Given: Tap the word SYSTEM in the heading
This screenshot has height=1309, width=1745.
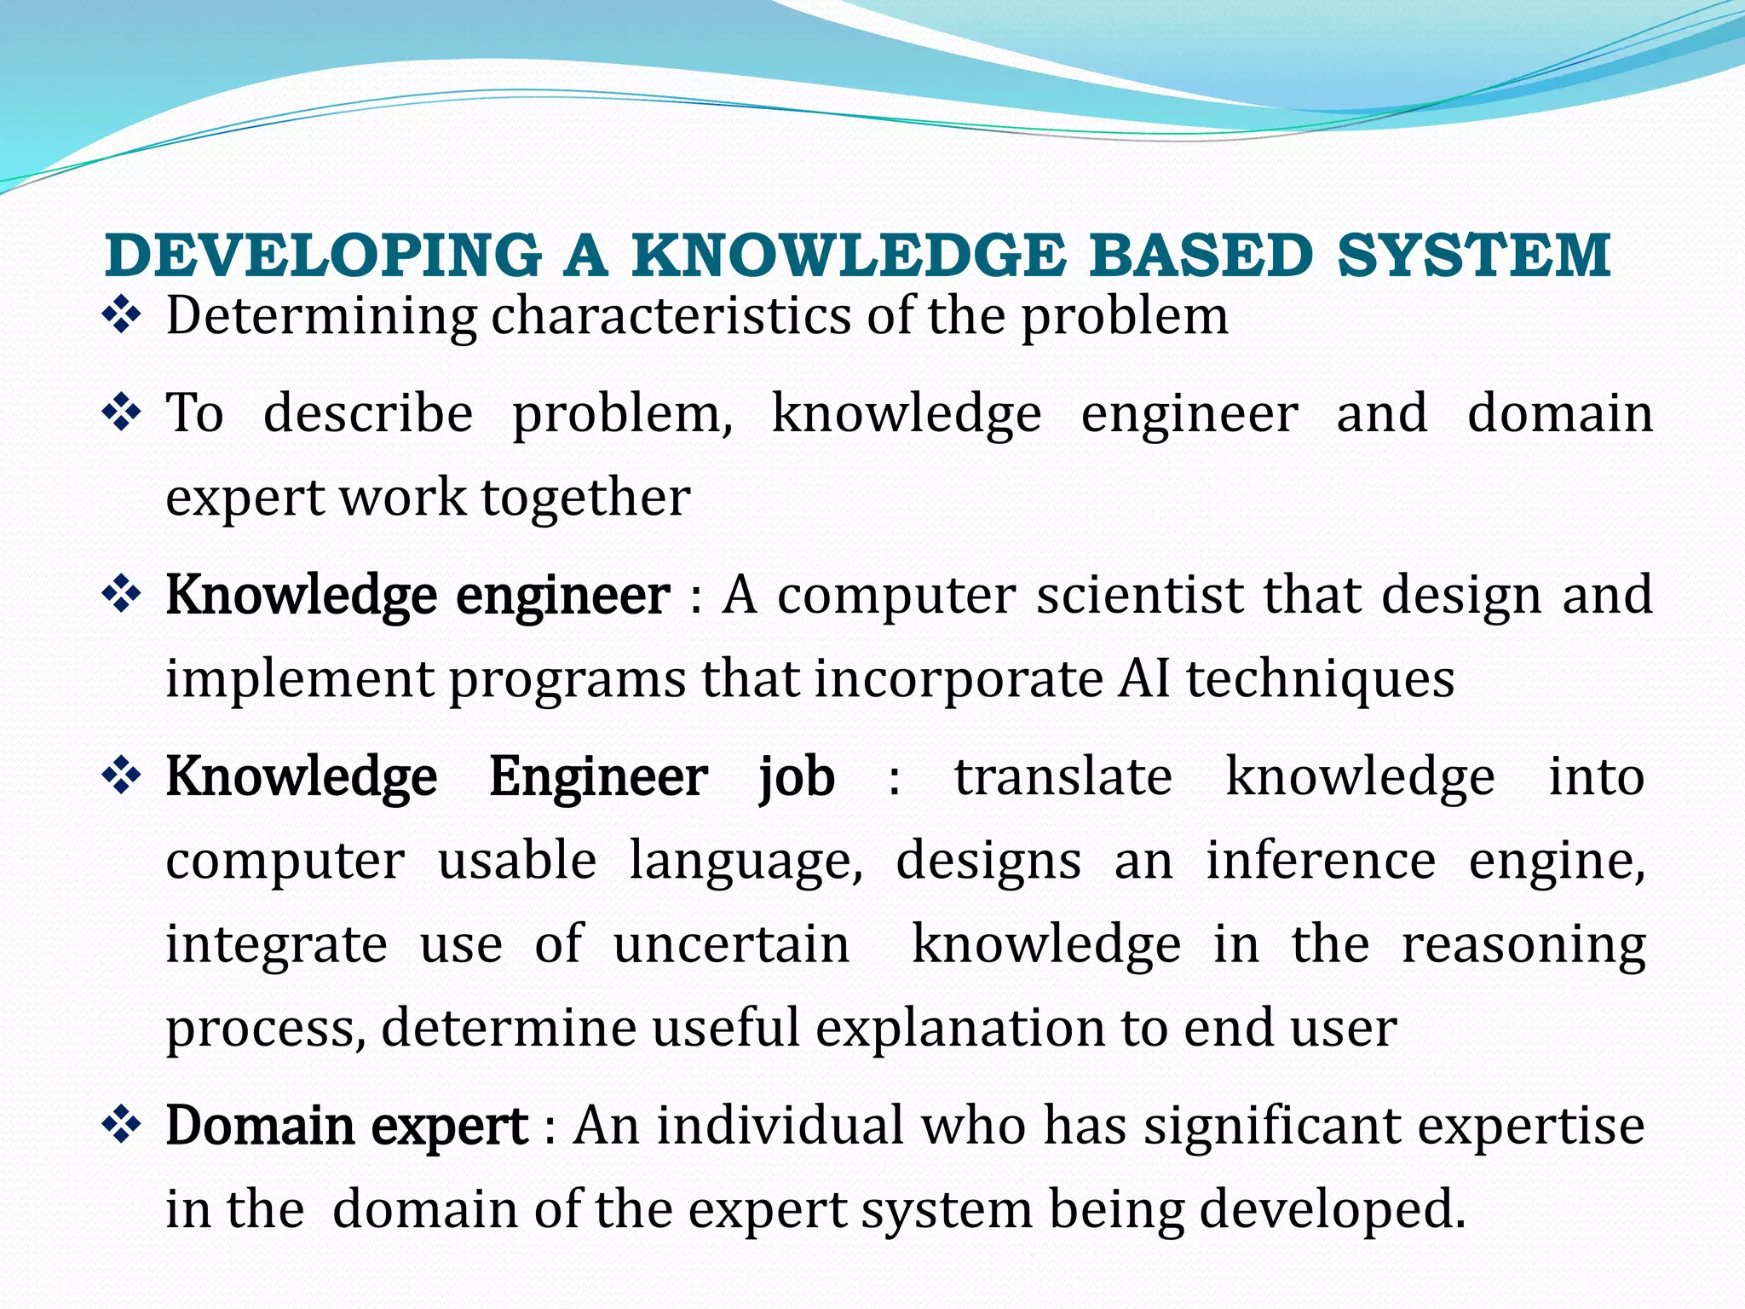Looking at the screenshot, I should click(x=1473, y=256).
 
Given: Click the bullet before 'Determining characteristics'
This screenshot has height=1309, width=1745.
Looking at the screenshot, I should click(x=121, y=317).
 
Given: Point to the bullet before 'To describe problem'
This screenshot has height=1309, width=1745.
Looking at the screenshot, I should click(x=121, y=415).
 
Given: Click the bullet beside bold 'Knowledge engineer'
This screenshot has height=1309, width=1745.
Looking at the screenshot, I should click(x=121, y=596).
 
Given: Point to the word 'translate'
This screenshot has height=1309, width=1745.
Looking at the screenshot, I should click(x=1063, y=777).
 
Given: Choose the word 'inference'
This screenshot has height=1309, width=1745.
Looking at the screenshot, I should click(x=1321, y=861).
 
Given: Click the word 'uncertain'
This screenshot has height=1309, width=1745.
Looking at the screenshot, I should click(x=731, y=944).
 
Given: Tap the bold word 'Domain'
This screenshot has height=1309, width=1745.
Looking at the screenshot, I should click(x=260, y=1126).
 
